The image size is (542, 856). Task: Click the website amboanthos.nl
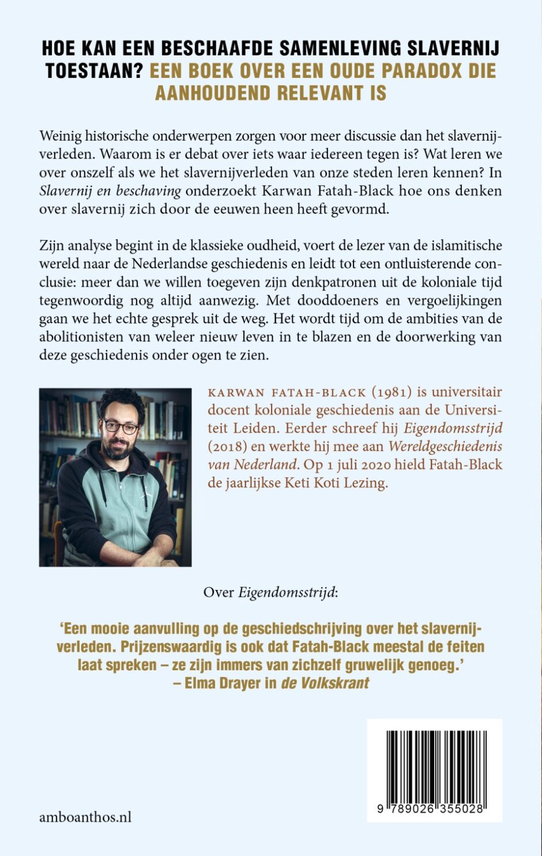tap(85, 816)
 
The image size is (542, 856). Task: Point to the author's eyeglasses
tap(121, 427)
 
